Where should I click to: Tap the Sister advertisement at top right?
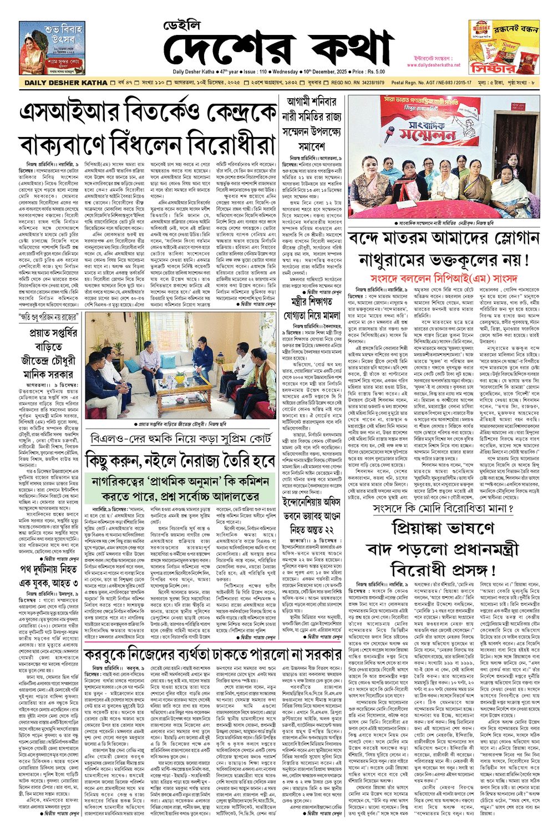pos(503,47)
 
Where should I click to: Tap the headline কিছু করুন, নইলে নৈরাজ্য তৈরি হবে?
pos(180,460)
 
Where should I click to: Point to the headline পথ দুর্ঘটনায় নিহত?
pos(49,569)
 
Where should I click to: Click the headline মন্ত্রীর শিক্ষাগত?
pos(315,302)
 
